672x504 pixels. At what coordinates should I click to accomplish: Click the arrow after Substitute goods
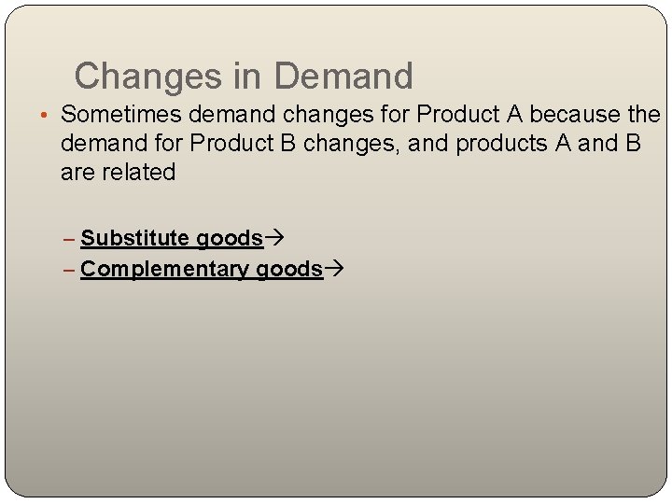pyautogui.click(x=274, y=239)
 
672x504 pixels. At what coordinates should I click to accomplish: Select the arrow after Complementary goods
pyautogui.click(x=334, y=270)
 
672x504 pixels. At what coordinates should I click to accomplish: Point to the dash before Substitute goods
pyautogui.click(x=72, y=239)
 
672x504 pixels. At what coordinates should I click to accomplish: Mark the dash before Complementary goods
pyautogui.click(x=72, y=270)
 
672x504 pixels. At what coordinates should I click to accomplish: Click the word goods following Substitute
pyautogui.click(x=229, y=239)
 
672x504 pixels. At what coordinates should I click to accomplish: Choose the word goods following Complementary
pyautogui.click(x=288, y=270)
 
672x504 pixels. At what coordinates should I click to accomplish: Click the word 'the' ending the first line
pyautogui.click(x=644, y=115)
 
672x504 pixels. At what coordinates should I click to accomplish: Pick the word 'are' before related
pyautogui.click(x=77, y=173)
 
